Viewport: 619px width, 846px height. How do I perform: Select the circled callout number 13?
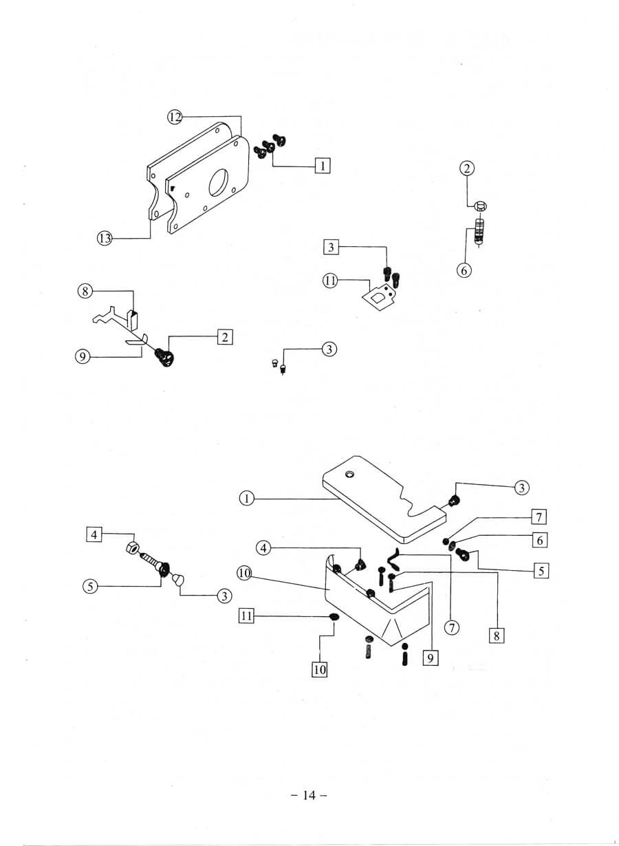pyautogui.click(x=105, y=238)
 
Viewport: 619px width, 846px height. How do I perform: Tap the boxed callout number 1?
pyautogui.click(x=322, y=165)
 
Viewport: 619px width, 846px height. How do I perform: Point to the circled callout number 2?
pyautogui.click(x=467, y=168)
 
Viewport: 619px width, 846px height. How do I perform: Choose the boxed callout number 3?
pyautogui.click(x=331, y=246)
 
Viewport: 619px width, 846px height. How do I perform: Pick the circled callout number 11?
pyautogui.click(x=330, y=280)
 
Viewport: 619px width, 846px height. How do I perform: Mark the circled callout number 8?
pyautogui.click(x=85, y=291)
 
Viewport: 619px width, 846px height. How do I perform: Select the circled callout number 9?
pyautogui.click(x=85, y=357)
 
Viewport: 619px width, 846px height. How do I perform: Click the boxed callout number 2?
pyautogui.click(x=224, y=336)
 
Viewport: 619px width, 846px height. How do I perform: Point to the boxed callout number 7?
pyautogui.click(x=540, y=517)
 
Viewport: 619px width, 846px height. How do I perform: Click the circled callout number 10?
pyautogui.click(x=243, y=572)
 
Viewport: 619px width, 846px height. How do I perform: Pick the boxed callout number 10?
pyautogui.click(x=320, y=669)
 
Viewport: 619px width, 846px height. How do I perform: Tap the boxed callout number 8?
pyautogui.click(x=495, y=636)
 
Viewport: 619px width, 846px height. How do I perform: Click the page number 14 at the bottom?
pyautogui.click(x=308, y=796)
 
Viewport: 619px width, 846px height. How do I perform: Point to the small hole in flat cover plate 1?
pyautogui.click(x=351, y=475)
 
